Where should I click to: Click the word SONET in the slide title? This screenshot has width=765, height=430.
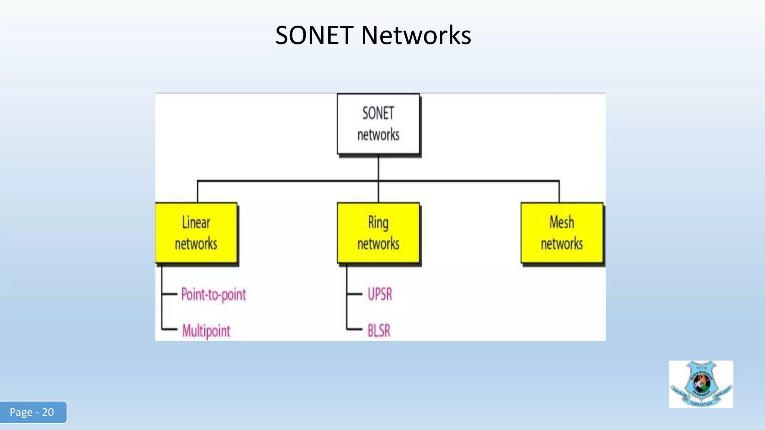click(314, 35)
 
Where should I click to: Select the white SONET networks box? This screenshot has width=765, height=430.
click(378, 124)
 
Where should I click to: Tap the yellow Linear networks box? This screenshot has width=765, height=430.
click(196, 233)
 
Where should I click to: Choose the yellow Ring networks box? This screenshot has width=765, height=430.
click(378, 233)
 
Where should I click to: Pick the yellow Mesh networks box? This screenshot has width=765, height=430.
click(562, 233)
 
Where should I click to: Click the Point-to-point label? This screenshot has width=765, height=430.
click(213, 295)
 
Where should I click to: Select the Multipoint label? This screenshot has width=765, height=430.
click(206, 331)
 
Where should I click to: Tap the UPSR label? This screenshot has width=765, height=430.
click(380, 295)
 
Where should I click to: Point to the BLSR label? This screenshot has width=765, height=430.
click(379, 331)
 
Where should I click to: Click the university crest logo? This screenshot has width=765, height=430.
click(701, 384)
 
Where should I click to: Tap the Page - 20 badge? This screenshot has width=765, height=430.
click(33, 412)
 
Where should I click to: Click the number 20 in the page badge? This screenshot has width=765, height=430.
click(48, 412)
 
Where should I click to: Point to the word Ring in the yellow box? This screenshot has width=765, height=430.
click(378, 223)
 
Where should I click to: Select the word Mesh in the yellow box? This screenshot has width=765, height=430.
click(562, 222)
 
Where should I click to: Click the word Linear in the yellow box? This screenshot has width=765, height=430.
click(196, 223)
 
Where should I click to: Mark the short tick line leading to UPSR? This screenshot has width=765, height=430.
click(354, 294)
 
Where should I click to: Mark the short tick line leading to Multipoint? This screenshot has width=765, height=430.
click(169, 330)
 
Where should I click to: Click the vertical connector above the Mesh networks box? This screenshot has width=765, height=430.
click(559, 192)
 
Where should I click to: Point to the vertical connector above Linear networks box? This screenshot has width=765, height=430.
click(198, 192)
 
